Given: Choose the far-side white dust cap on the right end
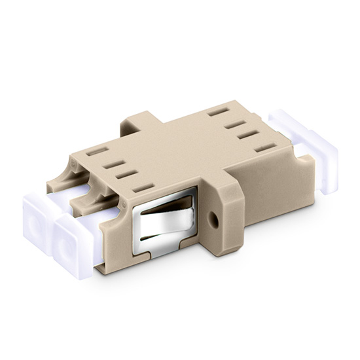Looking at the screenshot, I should click(290, 128).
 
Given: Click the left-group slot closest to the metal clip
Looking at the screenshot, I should click(143, 188).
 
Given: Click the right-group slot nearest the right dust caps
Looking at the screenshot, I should click(264, 147).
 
